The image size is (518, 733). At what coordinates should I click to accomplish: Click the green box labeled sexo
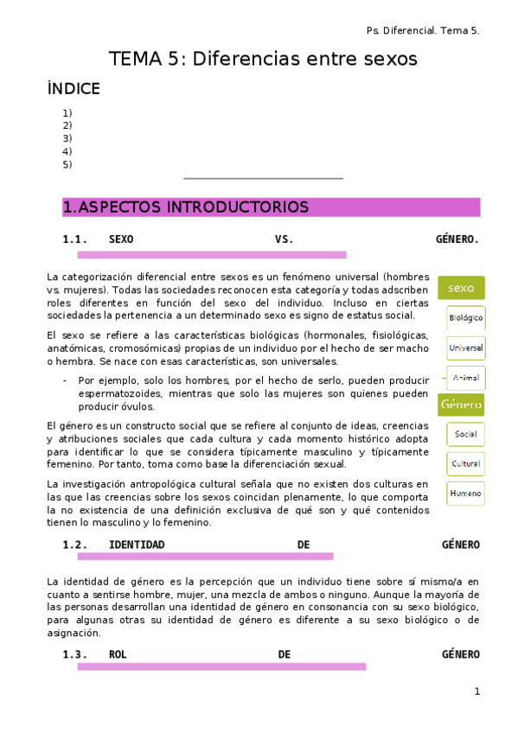[461, 288]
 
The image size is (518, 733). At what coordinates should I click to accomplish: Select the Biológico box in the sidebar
[465, 318]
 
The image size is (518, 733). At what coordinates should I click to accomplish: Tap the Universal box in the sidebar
[465, 348]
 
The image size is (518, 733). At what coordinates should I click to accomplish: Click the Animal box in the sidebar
[465, 378]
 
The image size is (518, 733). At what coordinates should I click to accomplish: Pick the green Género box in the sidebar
[461, 405]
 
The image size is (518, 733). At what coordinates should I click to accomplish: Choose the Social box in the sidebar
[465, 434]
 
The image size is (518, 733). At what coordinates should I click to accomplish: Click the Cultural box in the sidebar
[465, 464]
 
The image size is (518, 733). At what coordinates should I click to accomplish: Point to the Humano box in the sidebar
[465, 494]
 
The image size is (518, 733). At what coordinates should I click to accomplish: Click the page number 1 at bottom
[476, 692]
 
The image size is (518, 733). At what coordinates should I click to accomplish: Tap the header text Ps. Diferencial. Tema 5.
[423, 30]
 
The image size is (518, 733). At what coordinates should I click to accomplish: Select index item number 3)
[67, 138]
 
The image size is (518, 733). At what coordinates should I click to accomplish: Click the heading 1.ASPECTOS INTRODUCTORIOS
[186, 207]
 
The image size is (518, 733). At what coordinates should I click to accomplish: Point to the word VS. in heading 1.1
[285, 239]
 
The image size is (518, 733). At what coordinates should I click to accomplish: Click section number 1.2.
[75, 545]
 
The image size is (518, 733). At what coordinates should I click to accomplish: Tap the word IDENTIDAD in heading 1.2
[137, 545]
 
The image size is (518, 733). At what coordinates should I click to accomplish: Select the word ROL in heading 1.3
[118, 654]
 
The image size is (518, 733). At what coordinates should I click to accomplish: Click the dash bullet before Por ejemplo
[66, 380]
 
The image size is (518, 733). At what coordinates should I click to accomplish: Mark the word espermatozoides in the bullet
[118, 393]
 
